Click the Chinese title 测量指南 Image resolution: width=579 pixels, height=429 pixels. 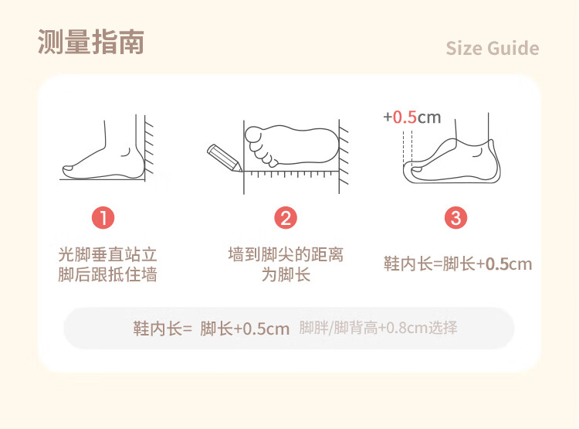coord(91,43)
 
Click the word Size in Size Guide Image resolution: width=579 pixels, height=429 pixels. coord(464,49)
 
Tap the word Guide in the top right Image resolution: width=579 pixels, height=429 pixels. coord(513,49)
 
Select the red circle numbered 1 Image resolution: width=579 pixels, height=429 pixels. coord(103,217)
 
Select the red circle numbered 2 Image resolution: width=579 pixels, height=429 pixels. coord(286,217)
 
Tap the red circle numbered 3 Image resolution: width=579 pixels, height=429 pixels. coord(455,217)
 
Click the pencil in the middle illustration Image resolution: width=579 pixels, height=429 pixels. coord(224,158)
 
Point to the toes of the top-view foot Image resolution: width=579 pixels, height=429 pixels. coord(260,146)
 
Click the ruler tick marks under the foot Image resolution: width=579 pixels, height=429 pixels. coord(291,174)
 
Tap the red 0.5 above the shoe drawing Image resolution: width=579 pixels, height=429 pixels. coord(405,117)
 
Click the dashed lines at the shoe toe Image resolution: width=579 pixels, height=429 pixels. coord(408,147)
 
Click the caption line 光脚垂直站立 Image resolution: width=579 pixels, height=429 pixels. coord(107,254)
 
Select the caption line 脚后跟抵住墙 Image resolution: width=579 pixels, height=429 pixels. coord(107,274)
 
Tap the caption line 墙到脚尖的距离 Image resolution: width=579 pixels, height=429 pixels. coord(286,254)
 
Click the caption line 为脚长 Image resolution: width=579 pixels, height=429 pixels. coord(286,274)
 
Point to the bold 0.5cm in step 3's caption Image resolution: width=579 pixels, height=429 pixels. coord(509,264)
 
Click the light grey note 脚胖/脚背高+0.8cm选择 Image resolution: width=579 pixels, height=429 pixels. coord(378,328)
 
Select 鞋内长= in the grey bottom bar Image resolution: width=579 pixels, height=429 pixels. coord(162,329)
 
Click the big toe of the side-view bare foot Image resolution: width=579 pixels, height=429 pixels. coord(69,171)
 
